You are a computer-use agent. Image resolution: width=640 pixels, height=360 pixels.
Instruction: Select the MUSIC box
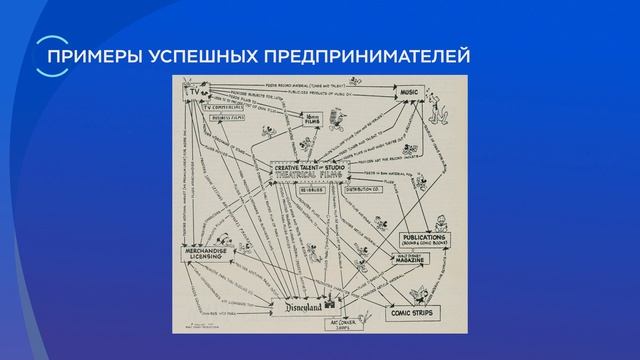click(x=407, y=92)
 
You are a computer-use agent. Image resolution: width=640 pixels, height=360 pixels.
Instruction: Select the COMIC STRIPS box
click(x=411, y=312)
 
